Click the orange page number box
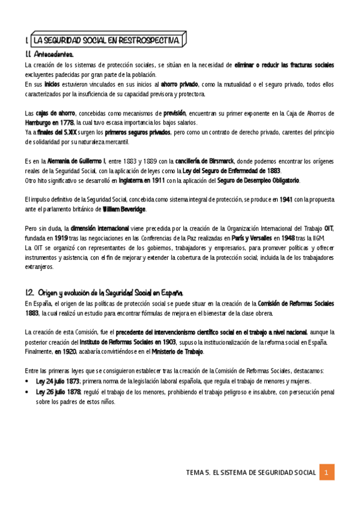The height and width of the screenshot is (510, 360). pyautogui.click(x=326, y=472)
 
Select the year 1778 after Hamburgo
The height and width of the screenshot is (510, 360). pyautogui.click(x=66, y=122)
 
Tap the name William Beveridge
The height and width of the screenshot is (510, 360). pyautogui.click(x=124, y=209)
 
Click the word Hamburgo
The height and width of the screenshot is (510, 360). pyautogui.click(x=38, y=122)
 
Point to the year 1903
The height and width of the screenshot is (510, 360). pyautogui.click(x=167, y=342)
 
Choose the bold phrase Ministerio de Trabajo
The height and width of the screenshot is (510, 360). pyautogui.click(x=177, y=351)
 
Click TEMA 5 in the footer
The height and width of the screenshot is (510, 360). pyautogui.click(x=198, y=473)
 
